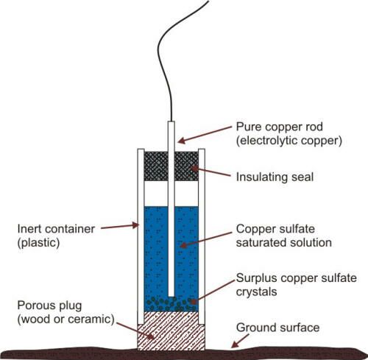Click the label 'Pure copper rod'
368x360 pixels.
[279, 127]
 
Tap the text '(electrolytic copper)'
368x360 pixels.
[289, 141]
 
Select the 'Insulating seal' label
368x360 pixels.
[275, 177]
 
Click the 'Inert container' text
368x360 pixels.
[56, 229]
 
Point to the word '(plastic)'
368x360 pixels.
[38, 243]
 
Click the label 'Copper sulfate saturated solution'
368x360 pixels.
[284, 236]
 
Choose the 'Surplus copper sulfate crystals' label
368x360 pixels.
[297, 285]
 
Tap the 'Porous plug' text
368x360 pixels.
[49, 306]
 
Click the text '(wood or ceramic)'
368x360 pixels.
[66, 320]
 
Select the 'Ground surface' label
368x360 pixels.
[277, 328]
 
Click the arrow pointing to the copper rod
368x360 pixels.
[205, 135]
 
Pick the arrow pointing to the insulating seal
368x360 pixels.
[210, 172]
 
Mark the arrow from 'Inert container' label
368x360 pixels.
[120, 226]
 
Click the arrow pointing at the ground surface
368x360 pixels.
[240, 341]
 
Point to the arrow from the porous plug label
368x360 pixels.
[135, 331]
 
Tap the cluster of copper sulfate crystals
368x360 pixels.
[171, 304]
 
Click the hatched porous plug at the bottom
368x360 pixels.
[171, 331]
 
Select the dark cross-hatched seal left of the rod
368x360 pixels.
[156, 166]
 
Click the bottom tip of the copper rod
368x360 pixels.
[171, 296]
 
